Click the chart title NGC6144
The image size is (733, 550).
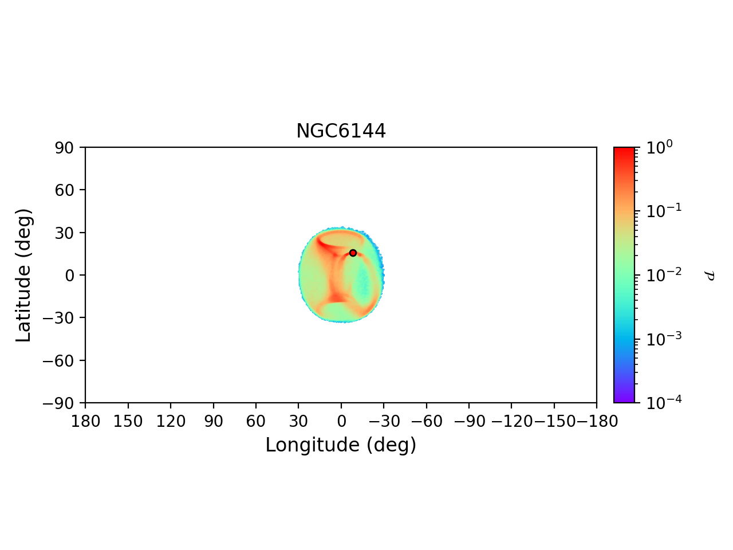point(341,131)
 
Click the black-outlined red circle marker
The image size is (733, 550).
point(353,253)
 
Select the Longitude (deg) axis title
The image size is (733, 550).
point(341,445)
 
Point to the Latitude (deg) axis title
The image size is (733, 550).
point(23,275)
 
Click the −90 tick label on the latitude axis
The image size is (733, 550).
point(60,403)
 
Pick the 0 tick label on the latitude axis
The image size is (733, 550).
point(70,276)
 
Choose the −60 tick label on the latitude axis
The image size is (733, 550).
point(60,360)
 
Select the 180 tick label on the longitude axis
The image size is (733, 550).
point(85,422)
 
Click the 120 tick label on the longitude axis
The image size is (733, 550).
point(171,422)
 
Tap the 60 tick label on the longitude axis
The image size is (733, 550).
point(256,422)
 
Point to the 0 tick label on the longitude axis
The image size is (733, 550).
point(341,422)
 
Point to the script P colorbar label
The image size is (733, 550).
point(710,276)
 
